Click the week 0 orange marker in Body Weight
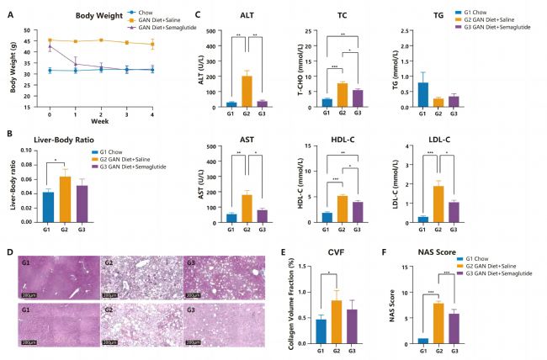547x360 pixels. click(x=50, y=40)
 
